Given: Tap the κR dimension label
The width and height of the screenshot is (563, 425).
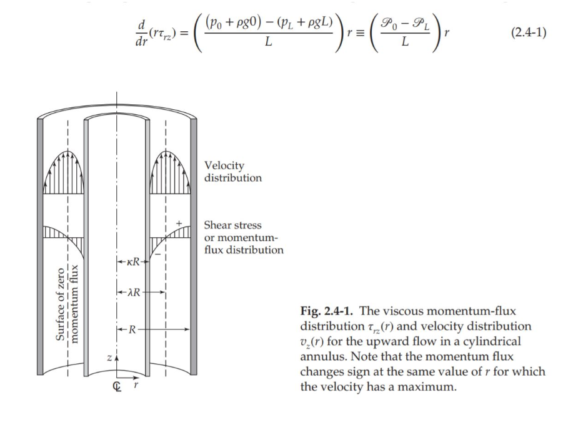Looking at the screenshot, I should (x=132, y=263).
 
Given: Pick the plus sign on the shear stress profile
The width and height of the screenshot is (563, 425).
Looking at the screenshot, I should (x=179, y=222).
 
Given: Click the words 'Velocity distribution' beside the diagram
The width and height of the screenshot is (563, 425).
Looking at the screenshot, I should (x=233, y=172).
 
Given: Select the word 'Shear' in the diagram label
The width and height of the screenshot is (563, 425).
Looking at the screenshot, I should (x=219, y=225).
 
